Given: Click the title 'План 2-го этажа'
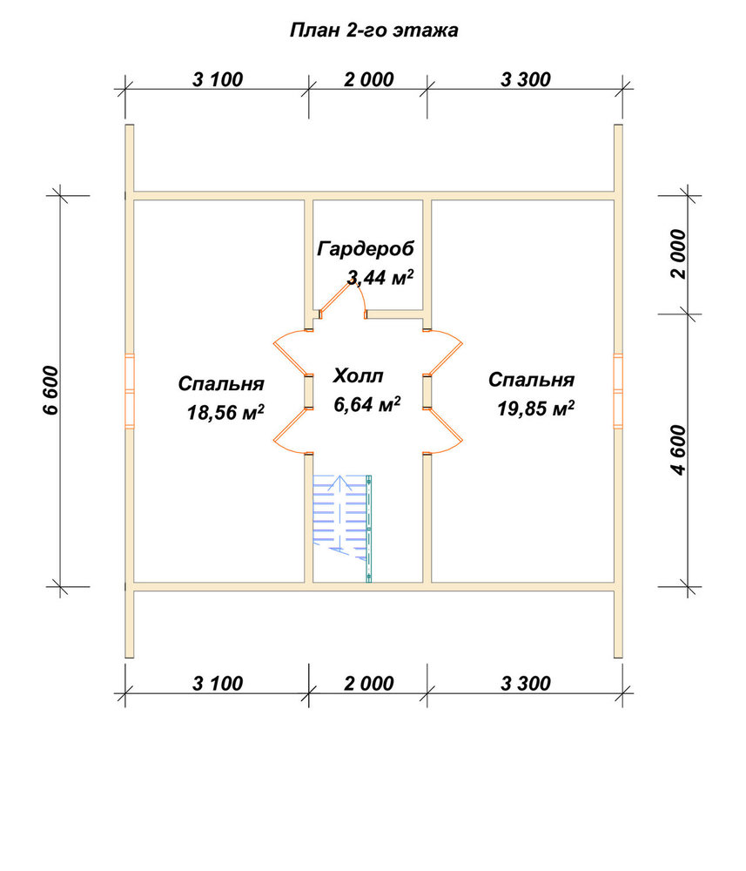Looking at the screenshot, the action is pyautogui.click(x=373, y=30).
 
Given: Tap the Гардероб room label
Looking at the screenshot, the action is pyautogui.click(x=366, y=249).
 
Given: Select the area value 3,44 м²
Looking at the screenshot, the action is pyautogui.click(x=380, y=277).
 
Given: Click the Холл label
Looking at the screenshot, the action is pyautogui.click(x=358, y=376).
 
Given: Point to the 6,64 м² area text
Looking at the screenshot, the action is pyautogui.click(x=366, y=404).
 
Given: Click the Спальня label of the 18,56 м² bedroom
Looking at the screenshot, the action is pyautogui.click(x=221, y=384).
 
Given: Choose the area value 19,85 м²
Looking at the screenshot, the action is pyautogui.click(x=535, y=408).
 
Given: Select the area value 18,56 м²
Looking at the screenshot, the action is pyautogui.click(x=225, y=412).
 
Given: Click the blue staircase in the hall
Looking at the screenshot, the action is pyautogui.click(x=342, y=528).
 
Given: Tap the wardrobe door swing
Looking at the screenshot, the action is pyautogui.click(x=340, y=296).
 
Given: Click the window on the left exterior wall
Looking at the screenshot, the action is pyautogui.click(x=130, y=391).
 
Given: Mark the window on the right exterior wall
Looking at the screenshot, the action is pyautogui.click(x=618, y=391).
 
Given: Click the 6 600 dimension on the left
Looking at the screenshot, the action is pyautogui.click(x=50, y=390).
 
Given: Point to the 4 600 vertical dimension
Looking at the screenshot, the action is pyautogui.click(x=678, y=450).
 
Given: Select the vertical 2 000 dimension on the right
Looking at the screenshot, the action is pyautogui.click(x=678, y=253).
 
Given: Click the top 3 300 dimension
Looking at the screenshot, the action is pyautogui.click(x=526, y=79).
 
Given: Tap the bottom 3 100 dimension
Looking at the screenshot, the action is pyautogui.click(x=218, y=683).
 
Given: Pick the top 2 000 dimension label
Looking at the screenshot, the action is pyautogui.click(x=368, y=79).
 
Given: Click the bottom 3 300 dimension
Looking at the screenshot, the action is pyautogui.click(x=526, y=683).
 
